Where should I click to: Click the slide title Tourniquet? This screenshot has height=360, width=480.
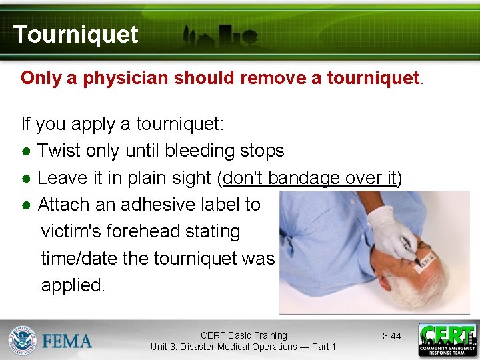click(x=75, y=34)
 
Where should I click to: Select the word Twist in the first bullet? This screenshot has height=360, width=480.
click(x=59, y=151)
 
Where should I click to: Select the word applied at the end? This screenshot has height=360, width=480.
click(x=73, y=285)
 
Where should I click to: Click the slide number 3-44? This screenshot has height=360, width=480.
click(x=391, y=336)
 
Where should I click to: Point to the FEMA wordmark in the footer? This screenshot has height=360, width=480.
click(x=67, y=341)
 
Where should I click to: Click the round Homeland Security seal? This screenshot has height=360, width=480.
click(x=23, y=341)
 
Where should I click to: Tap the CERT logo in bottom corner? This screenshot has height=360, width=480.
click(x=447, y=340)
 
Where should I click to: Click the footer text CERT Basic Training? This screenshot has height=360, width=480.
click(x=243, y=335)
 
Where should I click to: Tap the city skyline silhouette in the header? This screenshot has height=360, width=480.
click(x=220, y=37)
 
